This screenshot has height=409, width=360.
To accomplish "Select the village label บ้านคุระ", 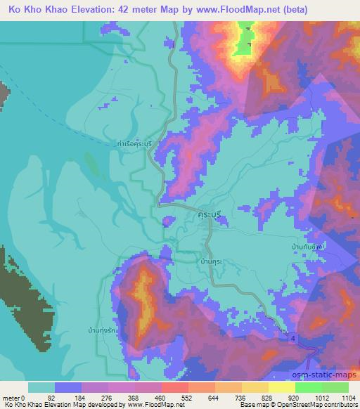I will coord(212,260).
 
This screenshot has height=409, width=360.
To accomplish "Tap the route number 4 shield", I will coord(291,339).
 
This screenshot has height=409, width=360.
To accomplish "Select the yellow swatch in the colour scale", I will coord(281,387).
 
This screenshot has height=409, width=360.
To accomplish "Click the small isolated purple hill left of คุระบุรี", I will coord(167,222).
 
